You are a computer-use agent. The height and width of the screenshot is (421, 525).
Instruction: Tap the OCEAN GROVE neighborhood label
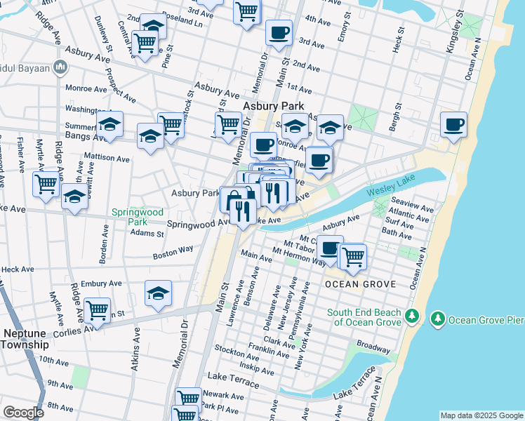click(361, 284)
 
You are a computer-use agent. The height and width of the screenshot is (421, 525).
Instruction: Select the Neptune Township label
click(25, 339)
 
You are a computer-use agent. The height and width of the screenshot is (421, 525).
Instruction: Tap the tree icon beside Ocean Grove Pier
click(438, 320)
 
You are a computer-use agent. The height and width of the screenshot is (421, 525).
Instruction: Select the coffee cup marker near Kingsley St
click(454, 125)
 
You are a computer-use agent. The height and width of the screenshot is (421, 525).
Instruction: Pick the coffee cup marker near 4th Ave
click(279, 32)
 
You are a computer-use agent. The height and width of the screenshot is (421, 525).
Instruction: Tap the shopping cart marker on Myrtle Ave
click(46, 185)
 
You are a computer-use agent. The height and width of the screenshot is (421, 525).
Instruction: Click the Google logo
click(23, 413)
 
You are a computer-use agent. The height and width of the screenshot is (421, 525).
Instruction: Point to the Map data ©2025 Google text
click(481, 415)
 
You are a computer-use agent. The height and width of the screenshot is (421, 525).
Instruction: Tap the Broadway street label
click(373, 347)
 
